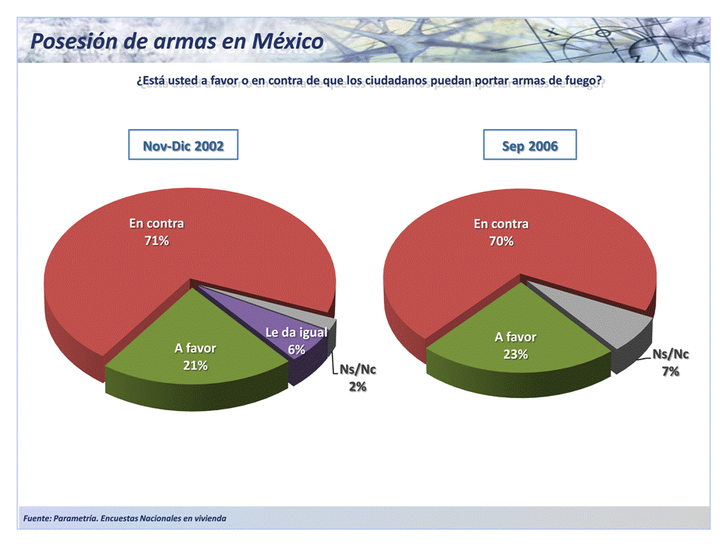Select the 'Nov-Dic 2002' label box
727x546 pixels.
(x=183, y=145)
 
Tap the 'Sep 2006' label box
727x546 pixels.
(x=529, y=145)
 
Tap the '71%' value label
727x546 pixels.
(x=156, y=241)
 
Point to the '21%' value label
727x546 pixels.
(x=195, y=366)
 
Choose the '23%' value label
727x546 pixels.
(x=516, y=354)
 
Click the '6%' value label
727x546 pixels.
(x=296, y=350)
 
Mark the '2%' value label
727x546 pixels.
(x=357, y=387)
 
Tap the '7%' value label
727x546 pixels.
(x=671, y=372)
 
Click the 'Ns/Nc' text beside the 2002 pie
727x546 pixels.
(x=357, y=370)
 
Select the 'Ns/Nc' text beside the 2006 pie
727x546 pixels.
(x=671, y=355)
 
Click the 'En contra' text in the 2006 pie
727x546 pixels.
(x=501, y=224)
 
